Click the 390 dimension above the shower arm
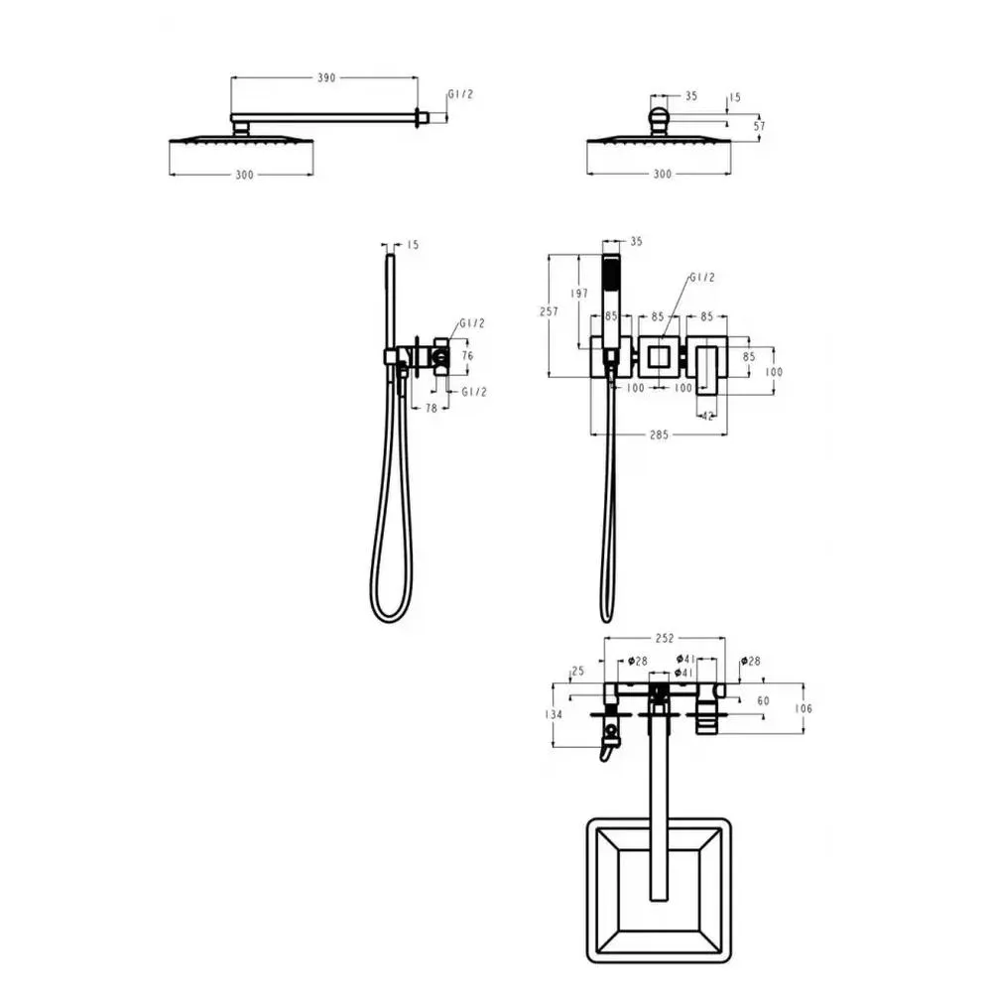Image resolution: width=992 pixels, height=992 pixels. (325, 77)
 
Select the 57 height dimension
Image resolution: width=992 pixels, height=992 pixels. (759, 126)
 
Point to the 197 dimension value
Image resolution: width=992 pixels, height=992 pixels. (579, 293)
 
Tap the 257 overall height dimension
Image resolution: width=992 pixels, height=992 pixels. (549, 311)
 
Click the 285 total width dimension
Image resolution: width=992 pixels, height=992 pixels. (659, 434)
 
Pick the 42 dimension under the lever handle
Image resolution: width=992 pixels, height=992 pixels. (707, 416)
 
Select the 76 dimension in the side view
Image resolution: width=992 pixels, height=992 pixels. (467, 355)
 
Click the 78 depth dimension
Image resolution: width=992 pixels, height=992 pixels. (431, 408)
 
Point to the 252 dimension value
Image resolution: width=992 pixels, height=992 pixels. (665, 638)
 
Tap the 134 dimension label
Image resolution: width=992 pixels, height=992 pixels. (553, 714)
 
